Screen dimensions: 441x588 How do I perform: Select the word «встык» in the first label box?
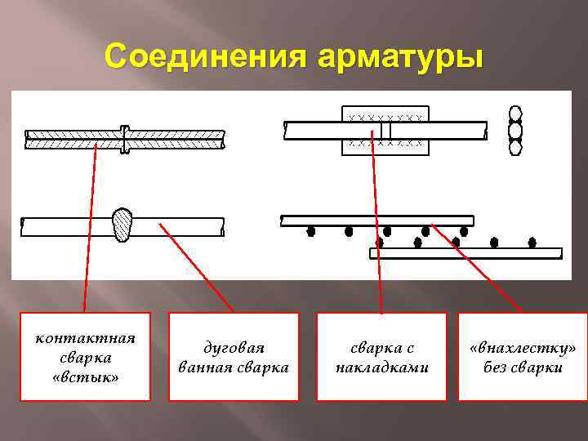[x=85, y=377]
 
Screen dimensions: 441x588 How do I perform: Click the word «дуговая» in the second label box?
[x=234, y=348]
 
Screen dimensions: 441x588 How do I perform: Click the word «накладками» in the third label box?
[x=382, y=367]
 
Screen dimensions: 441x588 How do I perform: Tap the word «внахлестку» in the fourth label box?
[x=523, y=348]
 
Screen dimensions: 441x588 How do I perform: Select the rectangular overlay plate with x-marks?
[x=385, y=130]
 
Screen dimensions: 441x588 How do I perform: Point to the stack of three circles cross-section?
[x=514, y=131]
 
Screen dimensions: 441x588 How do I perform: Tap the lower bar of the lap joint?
[x=465, y=253]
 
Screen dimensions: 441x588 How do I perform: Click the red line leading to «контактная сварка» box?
[x=89, y=229]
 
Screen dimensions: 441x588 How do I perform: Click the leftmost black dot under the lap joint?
[x=310, y=232]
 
